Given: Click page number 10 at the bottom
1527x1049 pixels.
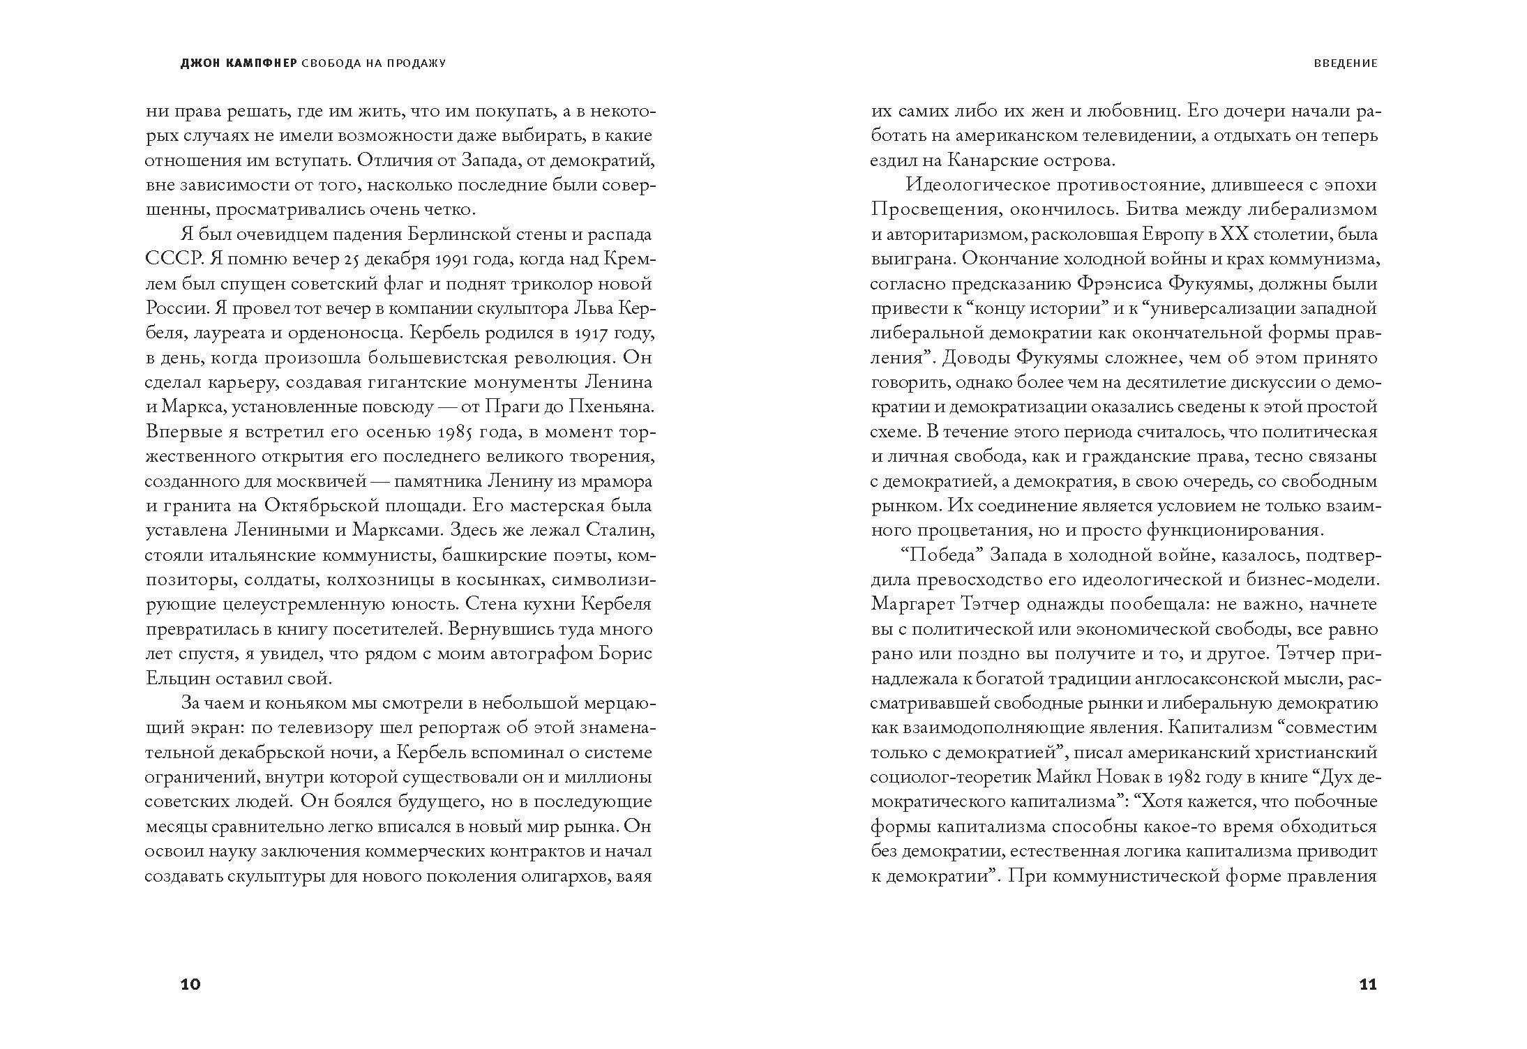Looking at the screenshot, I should point(190,985).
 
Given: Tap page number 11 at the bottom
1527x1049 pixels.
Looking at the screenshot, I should point(1368,985).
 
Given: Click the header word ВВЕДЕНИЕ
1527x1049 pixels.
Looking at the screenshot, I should point(1346,63).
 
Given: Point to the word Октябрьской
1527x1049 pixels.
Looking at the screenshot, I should point(329,506).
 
